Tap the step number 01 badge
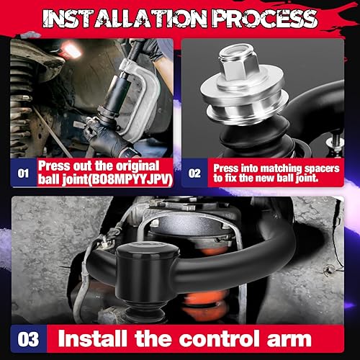point(24,174)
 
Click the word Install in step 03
point(94,337)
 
